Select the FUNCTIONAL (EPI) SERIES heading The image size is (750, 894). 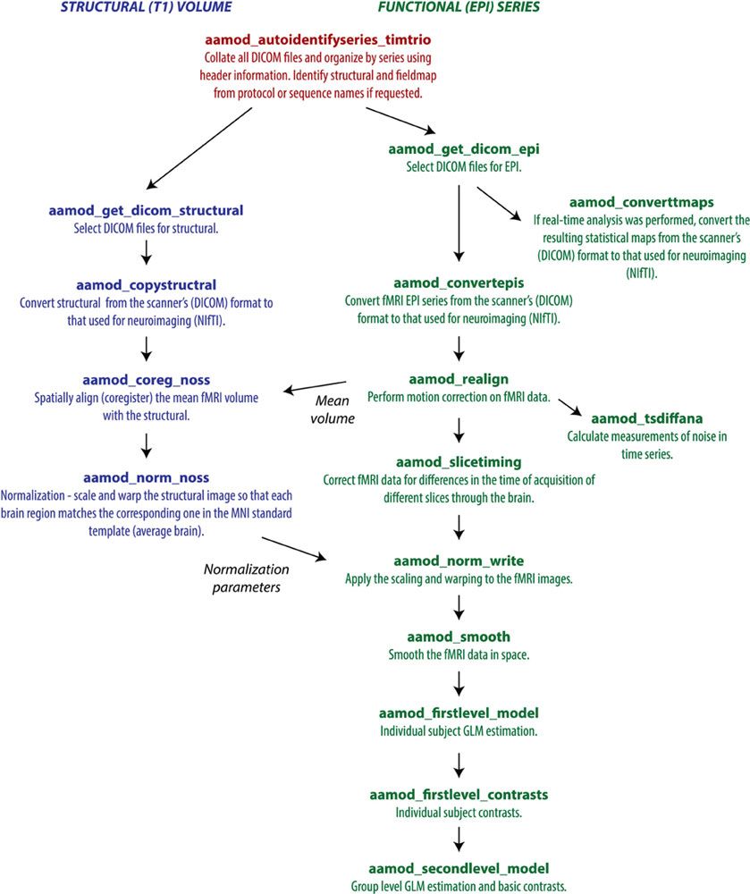452,8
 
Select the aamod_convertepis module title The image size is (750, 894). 458,303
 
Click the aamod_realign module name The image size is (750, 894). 459,379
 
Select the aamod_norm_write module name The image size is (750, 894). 459,561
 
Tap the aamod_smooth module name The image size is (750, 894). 459,637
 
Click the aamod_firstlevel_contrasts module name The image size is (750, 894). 459,794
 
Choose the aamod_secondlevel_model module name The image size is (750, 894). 459,868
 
